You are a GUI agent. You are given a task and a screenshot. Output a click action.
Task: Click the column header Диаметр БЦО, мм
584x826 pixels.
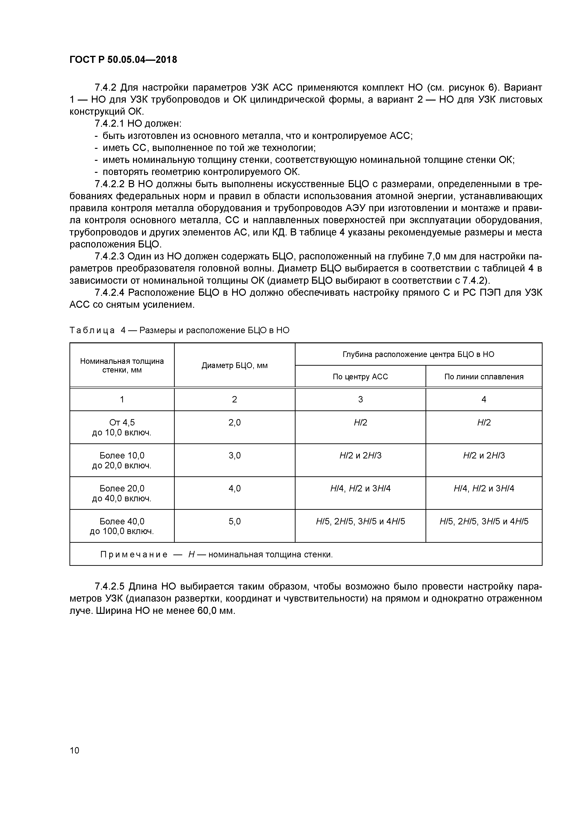pos(234,365)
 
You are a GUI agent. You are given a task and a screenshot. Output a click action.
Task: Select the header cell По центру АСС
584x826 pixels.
pos(360,377)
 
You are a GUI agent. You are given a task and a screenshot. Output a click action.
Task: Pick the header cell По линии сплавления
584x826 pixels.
pos(484,377)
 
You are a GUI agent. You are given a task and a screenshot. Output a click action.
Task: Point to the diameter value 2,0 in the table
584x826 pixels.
pos(234,422)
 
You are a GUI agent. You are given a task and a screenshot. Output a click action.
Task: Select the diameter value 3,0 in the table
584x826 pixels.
pos(234,455)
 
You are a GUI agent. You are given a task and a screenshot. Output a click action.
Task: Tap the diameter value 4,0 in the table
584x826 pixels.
pos(234,488)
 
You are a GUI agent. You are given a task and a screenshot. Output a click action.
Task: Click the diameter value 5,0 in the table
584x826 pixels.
pos(234,521)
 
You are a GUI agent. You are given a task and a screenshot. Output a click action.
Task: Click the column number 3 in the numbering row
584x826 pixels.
pos(360,399)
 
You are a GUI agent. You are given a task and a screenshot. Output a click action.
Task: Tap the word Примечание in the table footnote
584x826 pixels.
pos(134,554)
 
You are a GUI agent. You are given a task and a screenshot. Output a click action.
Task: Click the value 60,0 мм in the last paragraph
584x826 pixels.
pos(216,611)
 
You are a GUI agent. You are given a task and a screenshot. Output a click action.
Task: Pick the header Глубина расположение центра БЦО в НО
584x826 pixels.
pos(418,354)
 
